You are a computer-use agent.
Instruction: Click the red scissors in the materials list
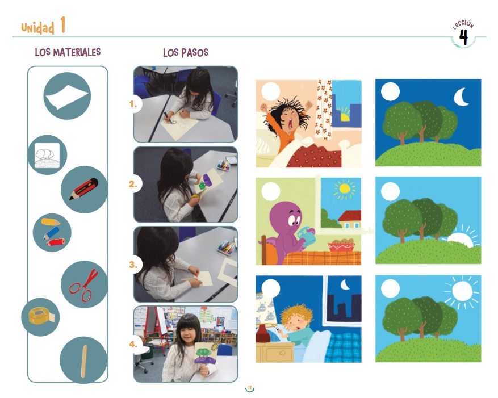[x=84, y=285]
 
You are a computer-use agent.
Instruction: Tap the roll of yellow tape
[x=41, y=316]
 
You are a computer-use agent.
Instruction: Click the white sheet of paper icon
[x=66, y=97]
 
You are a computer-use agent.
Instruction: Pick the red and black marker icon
[x=84, y=189]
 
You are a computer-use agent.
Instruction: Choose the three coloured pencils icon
[x=52, y=233]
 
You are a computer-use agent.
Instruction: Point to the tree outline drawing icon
[x=47, y=155]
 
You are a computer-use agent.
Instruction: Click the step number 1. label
[x=133, y=104]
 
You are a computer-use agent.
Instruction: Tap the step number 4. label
[x=133, y=344]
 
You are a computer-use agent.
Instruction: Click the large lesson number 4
[x=463, y=38]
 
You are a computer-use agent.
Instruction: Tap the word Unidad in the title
[x=38, y=28]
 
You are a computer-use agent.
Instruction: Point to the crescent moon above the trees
[x=462, y=97]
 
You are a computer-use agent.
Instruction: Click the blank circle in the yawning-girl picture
[x=271, y=91]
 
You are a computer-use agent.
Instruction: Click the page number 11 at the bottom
[x=250, y=388]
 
